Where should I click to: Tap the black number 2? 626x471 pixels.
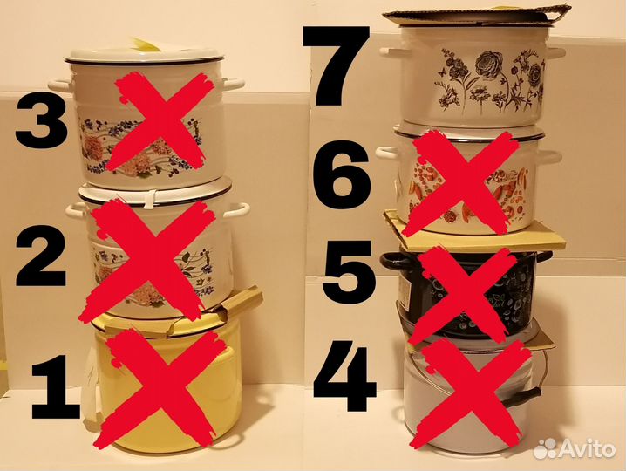(x=41, y=256)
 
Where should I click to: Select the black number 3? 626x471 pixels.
(x=42, y=119)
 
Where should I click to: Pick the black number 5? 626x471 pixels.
(x=349, y=272)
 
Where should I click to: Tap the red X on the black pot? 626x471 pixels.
(x=468, y=297)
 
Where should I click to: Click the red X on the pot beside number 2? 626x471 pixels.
(x=147, y=259)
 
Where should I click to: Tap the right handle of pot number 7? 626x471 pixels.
(x=556, y=53)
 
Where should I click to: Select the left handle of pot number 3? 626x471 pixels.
(x=59, y=85)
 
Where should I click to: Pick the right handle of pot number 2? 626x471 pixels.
(x=241, y=209)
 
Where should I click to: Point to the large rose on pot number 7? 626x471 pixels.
(x=488, y=63)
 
